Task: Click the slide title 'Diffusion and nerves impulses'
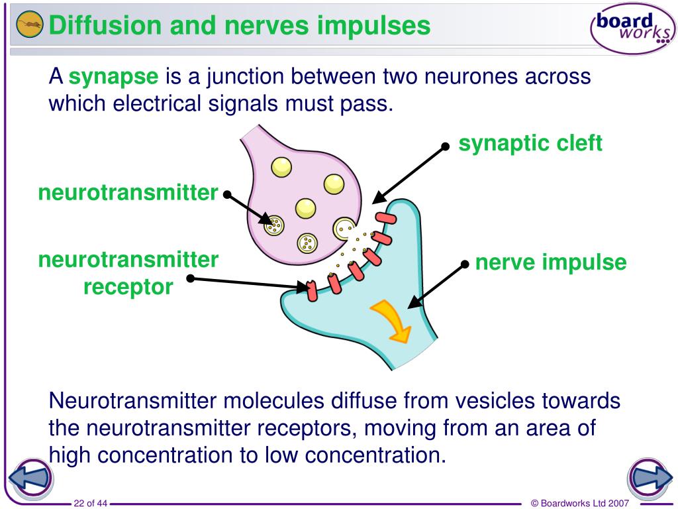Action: pyautogui.click(x=240, y=27)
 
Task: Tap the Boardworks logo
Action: pyautogui.click(x=632, y=28)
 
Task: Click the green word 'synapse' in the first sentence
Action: pyautogui.click(x=114, y=78)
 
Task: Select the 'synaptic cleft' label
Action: pyautogui.click(x=530, y=143)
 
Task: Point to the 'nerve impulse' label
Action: pyautogui.click(x=551, y=262)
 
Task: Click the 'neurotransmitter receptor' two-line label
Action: pyautogui.click(x=128, y=273)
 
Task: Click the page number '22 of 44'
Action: pyautogui.click(x=91, y=503)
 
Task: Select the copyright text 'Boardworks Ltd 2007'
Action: pyautogui.click(x=582, y=503)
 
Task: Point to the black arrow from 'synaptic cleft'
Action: pyautogui.click(x=411, y=172)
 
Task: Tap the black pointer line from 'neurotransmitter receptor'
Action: pyautogui.click(x=248, y=283)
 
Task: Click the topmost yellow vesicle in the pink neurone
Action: pyautogui.click(x=281, y=166)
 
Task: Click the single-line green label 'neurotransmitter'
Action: pyautogui.click(x=128, y=193)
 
